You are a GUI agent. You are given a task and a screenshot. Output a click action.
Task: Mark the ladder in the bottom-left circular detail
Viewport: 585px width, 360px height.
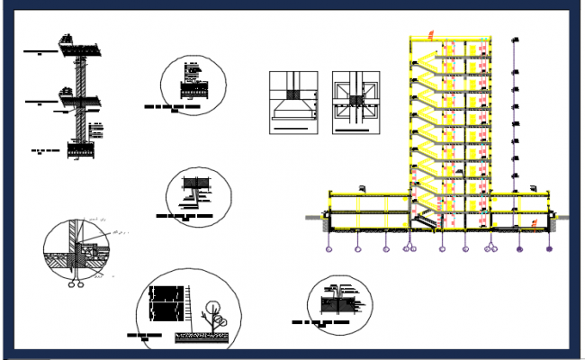point(192,304)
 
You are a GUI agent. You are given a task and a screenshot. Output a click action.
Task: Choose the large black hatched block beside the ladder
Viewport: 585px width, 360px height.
point(166,303)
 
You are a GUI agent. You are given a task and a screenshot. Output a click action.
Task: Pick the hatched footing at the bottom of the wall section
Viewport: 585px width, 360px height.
point(82,149)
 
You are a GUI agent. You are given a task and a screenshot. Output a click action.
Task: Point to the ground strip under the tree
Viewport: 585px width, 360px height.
point(203,337)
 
